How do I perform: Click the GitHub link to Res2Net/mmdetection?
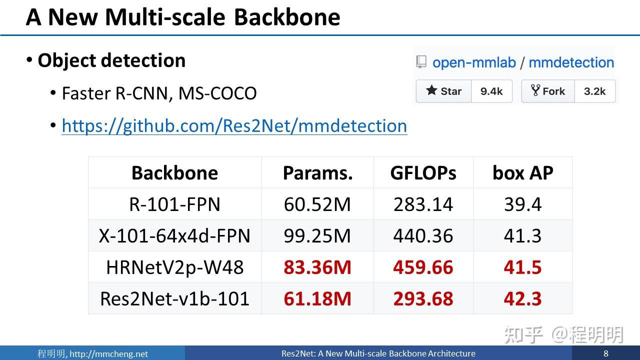tap(234, 125)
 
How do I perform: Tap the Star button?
tap(443, 91)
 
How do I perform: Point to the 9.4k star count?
tap(491, 91)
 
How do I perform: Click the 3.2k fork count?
tap(595, 91)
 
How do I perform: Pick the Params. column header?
tap(317, 173)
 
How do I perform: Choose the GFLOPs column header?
tap(423, 173)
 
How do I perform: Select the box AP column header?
tap(522, 173)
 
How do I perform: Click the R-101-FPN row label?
tap(174, 204)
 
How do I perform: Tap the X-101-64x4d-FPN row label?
tap(174, 235)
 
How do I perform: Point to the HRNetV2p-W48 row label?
tap(174, 267)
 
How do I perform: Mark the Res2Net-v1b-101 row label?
tap(174, 298)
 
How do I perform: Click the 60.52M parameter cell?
tap(317, 204)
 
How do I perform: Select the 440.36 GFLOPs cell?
tap(423, 235)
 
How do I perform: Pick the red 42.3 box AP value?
tap(522, 298)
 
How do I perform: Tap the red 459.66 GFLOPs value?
tap(423, 267)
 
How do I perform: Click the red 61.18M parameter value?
tap(317, 298)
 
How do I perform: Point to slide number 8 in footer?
tap(606, 353)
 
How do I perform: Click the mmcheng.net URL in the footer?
tap(108, 354)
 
